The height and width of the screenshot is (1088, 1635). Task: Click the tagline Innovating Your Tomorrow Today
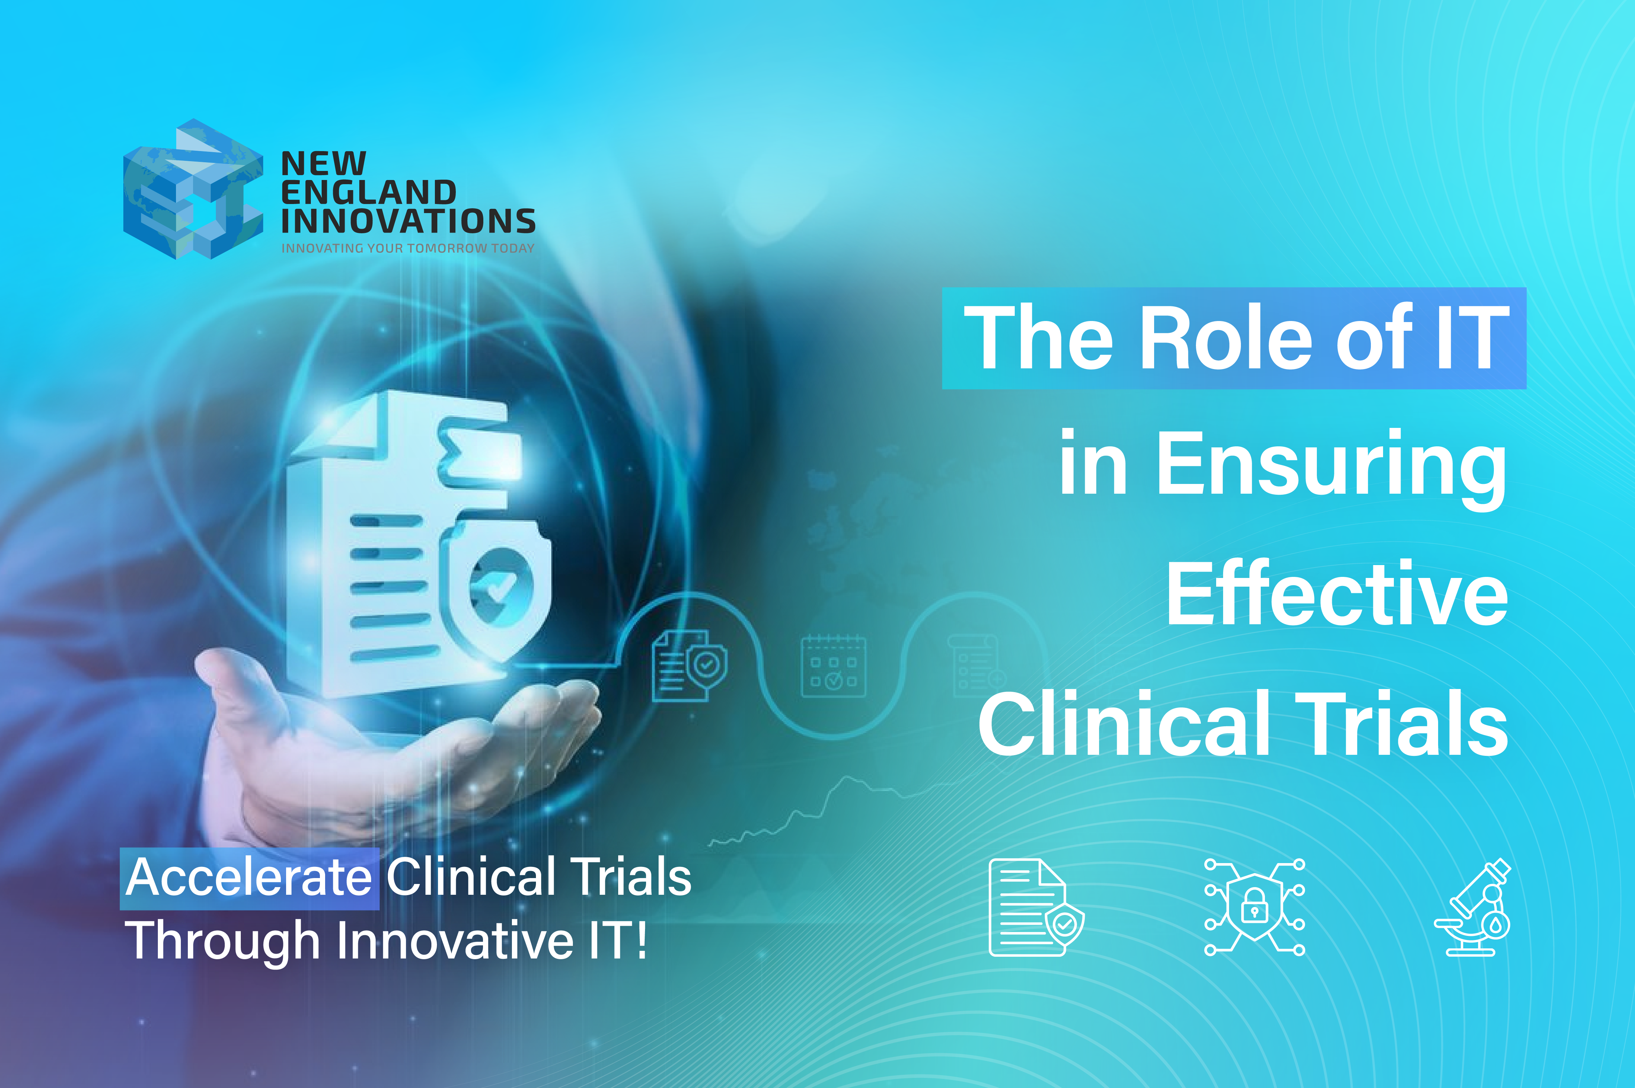[408, 248]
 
